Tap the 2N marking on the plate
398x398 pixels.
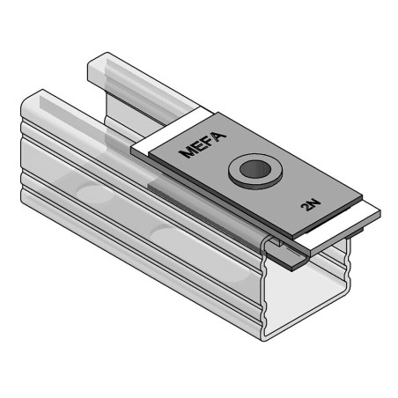tap(309, 206)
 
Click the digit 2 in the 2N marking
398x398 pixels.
tap(305, 210)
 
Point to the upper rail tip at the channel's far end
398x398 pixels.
tap(97, 60)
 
